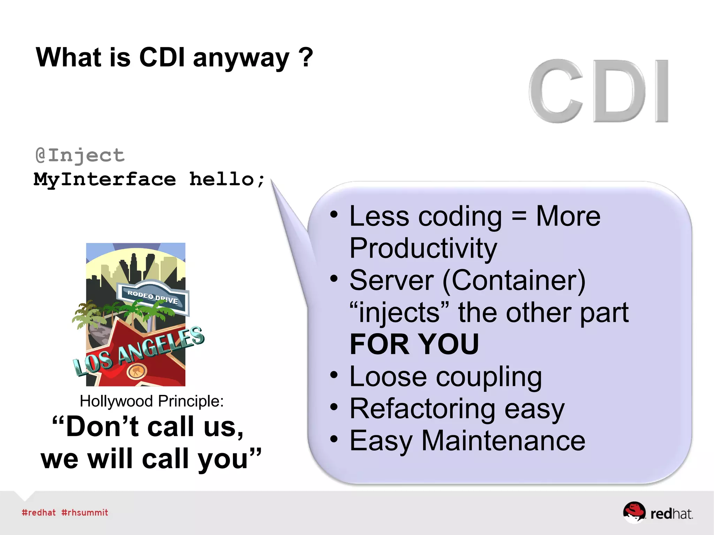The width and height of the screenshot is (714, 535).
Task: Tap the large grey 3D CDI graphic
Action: pos(598,91)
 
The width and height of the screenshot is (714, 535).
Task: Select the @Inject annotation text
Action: pos(80,155)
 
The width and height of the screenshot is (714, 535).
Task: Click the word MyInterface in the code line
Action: pos(105,180)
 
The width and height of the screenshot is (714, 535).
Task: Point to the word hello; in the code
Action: pos(227,179)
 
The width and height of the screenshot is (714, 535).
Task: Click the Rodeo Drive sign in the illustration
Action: pos(153,297)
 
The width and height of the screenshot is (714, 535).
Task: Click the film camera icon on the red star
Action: pos(137,371)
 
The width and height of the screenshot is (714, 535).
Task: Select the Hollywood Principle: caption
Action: pos(152,401)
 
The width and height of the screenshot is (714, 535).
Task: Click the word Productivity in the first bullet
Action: pos(423,249)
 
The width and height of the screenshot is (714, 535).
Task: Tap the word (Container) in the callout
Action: pos(514,280)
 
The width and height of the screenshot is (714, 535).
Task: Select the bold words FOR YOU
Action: pos(414,344)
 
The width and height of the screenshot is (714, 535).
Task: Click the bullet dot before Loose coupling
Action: pos(334,375)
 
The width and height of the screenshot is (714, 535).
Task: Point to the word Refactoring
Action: pos(422,409)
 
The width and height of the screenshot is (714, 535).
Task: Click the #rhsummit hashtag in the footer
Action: pos(85,513)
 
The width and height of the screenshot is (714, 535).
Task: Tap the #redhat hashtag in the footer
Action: pos(39,513)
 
